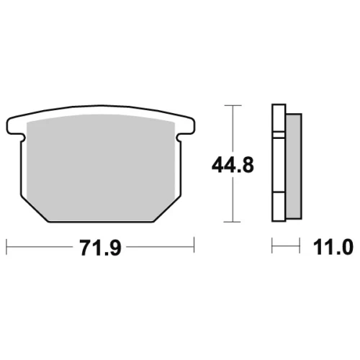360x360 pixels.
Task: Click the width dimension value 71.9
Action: coord(101,248)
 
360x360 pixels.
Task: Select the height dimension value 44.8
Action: coord(233,165)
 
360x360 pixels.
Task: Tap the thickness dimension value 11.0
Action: coord(333,247)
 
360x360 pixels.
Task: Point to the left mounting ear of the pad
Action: coord(15,126)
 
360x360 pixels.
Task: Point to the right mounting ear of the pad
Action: coord(186,126)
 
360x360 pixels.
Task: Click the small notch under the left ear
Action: coord(22,138)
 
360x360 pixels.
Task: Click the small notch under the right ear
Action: coord(179,138)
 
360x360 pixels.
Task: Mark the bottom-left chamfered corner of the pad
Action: coord(34,208)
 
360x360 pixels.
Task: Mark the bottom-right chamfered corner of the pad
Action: coord(167,208)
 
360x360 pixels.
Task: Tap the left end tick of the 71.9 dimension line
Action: coord(6,246)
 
